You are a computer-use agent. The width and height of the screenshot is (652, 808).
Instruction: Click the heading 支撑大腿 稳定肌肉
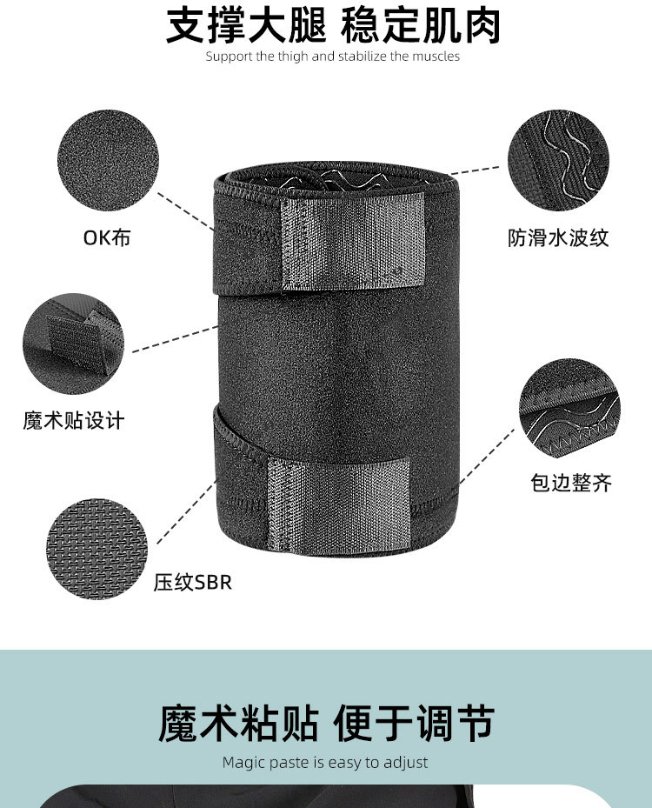coord(333,25)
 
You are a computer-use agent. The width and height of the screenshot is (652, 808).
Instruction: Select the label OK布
coord(107,237)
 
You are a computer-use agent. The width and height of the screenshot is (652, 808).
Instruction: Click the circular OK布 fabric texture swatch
coord(108,160)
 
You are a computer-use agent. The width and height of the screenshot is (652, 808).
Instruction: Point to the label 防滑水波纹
coord(558,238)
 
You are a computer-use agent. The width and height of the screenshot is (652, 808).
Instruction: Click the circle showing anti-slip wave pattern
coord(558,160)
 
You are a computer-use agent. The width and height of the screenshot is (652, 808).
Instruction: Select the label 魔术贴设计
coord(74,420)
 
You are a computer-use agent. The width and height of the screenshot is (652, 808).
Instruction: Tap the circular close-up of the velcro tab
coord(74,344)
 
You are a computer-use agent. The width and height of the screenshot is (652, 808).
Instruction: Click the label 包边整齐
coord(571,483)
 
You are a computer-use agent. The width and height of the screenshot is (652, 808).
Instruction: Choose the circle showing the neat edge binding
coord(569,409)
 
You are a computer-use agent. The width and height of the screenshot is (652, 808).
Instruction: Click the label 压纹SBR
coord(193,582)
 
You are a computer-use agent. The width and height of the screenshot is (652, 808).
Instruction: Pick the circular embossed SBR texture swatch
coord(96,548)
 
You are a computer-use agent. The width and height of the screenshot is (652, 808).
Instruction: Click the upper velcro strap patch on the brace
coord(353,241)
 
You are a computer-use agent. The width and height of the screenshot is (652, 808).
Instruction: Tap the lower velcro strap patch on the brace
coord(338,506)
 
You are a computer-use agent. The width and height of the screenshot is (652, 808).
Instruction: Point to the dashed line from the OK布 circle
coord(186,212)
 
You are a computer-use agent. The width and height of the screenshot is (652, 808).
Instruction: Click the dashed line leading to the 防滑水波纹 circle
coord(476,170)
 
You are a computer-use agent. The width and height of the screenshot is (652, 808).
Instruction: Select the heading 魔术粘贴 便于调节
coord(326,724)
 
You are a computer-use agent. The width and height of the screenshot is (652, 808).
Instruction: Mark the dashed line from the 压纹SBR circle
coord(186,512)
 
